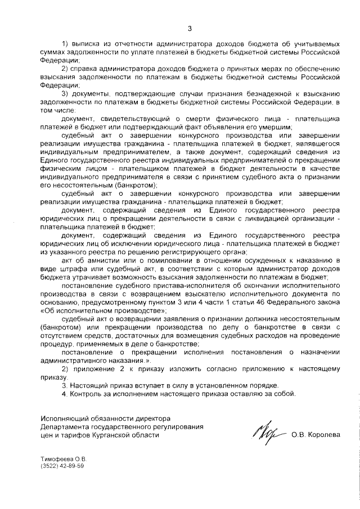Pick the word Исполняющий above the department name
(x=64, y=418)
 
